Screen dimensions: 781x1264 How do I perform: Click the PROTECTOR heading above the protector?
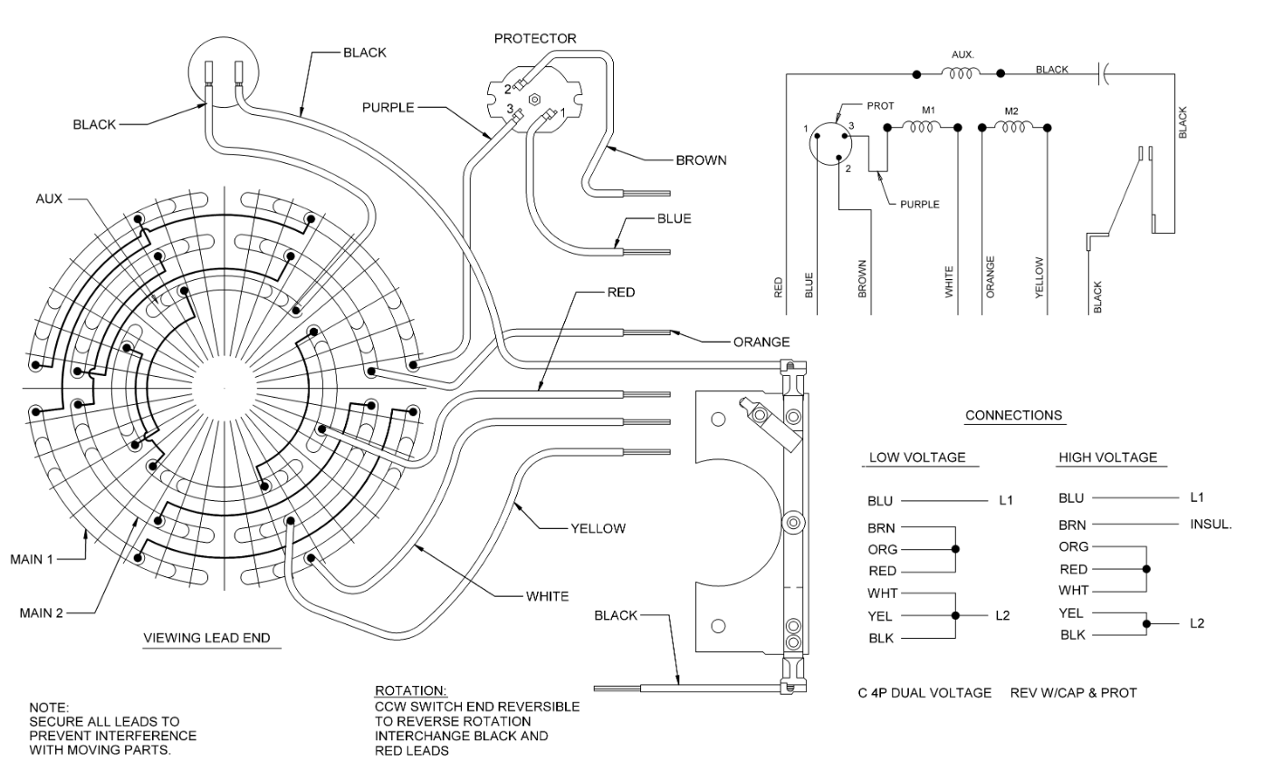(534, 39)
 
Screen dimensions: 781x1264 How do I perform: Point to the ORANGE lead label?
(761, 342)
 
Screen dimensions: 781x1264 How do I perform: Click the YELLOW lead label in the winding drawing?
(598, 528)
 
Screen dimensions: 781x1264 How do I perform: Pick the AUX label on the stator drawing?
(50, 197)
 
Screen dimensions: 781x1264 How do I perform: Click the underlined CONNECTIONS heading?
(1013, 416)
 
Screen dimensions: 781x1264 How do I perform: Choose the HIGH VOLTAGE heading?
(1107, 458)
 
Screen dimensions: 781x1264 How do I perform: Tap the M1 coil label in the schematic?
(927, 111)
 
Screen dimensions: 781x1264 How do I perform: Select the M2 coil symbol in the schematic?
(1011, 128)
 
